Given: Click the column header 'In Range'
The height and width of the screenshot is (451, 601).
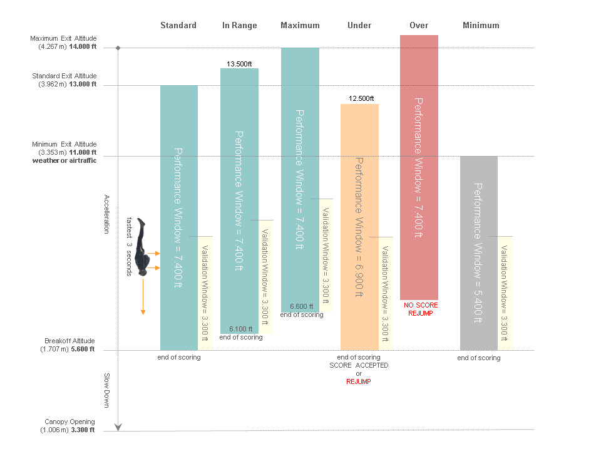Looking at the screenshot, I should (239, 26).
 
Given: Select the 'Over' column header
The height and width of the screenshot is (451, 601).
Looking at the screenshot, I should (419, 26).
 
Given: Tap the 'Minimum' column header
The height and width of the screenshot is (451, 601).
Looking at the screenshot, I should (481, 26).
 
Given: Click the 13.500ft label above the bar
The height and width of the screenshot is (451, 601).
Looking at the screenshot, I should (239, 64).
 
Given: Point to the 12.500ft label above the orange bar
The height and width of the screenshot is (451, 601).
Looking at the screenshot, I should (360, 99).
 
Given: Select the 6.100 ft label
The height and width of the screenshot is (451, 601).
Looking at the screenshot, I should (240, 329).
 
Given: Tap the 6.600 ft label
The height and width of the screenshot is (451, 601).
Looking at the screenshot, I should (302, 306).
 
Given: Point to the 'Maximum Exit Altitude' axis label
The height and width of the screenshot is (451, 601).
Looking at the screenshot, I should (63, 43).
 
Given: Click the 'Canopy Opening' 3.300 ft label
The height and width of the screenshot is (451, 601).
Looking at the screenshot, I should (69, 426).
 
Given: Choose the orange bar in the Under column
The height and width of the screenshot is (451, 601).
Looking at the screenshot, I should (359, 226).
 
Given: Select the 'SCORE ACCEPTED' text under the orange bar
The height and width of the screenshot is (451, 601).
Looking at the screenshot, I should (359, 365).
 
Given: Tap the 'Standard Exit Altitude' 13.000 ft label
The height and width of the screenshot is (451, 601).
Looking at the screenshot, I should (64, 80).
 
